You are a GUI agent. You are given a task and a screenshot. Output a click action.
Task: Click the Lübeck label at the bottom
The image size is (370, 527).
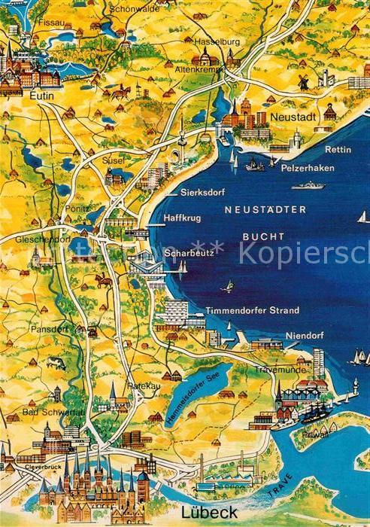click(x=208, y=512)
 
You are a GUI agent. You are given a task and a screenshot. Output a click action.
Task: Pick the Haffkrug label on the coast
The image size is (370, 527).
click(x=179, y=218)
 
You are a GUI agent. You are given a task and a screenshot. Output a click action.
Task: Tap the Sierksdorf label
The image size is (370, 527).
click(x=202, y=193)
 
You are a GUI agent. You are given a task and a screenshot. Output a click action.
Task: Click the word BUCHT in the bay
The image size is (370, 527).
click(x=264, y=236)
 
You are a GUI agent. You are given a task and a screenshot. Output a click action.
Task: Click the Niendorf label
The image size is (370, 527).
click(x=303, y=336)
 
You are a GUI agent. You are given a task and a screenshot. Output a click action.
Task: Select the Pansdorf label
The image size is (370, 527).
click(x=50, y=329)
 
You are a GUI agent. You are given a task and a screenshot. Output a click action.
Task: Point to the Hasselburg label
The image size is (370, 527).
click(x=215, y=41)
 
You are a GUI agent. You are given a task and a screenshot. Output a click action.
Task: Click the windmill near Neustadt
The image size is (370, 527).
click(x=303, y=81)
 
